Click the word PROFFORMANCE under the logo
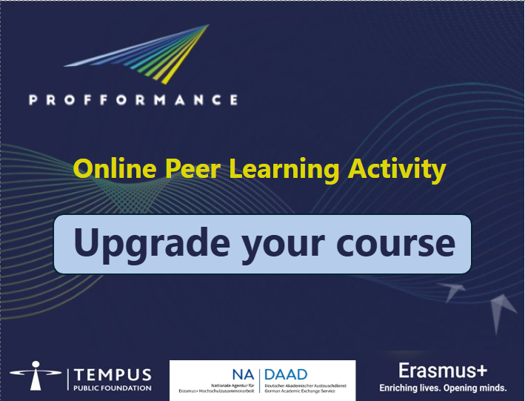coord(133,99)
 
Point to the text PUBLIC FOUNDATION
coord(112,388)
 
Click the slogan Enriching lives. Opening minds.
coord(443,388)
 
